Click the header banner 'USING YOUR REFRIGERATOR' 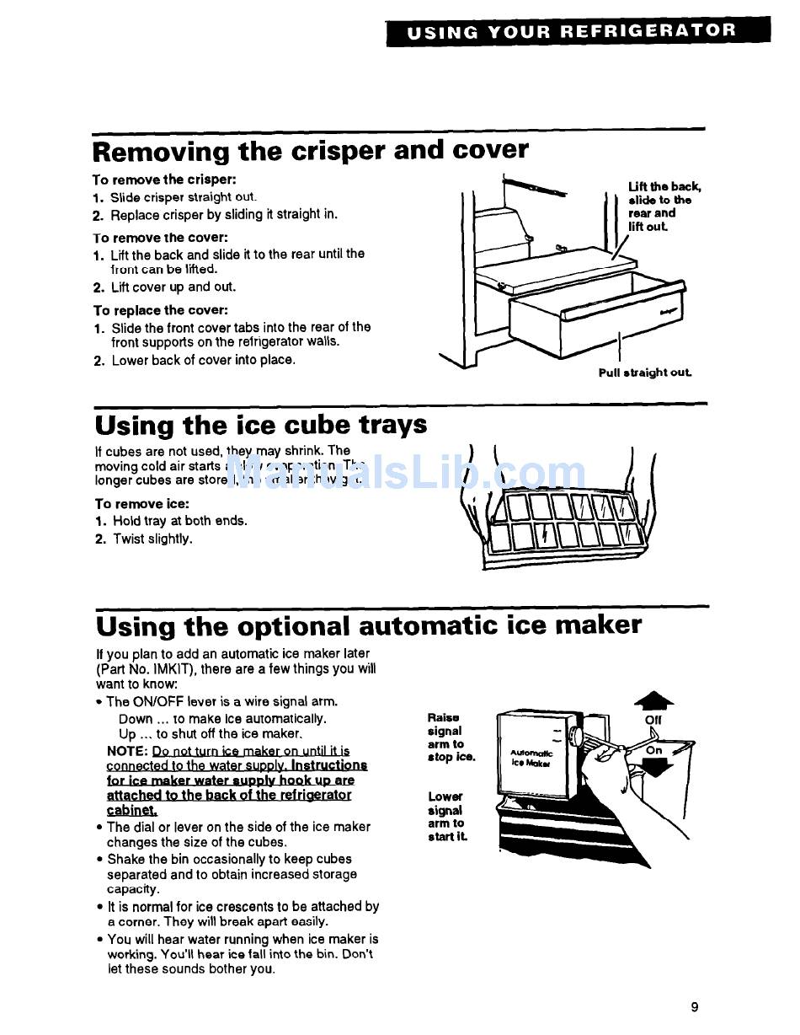pos(578,31)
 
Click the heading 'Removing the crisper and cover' pos(311,152)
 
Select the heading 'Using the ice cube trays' pos(261,424)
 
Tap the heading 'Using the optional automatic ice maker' pos(368,625)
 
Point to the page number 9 pos(695,1006)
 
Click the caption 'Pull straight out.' pos(645,373)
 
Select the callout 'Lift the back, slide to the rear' pos(664,206)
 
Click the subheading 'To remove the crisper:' pos(164,180)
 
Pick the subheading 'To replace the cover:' pos(160,310)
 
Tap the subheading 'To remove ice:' pos(141,504)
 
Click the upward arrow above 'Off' pos(653,700)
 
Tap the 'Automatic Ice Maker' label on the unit pos(531,757)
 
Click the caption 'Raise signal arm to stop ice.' pos(451,737)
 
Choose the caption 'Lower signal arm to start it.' pos(447,816)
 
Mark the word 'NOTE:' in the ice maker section pos(127,750)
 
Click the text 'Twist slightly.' pos(152,539)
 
